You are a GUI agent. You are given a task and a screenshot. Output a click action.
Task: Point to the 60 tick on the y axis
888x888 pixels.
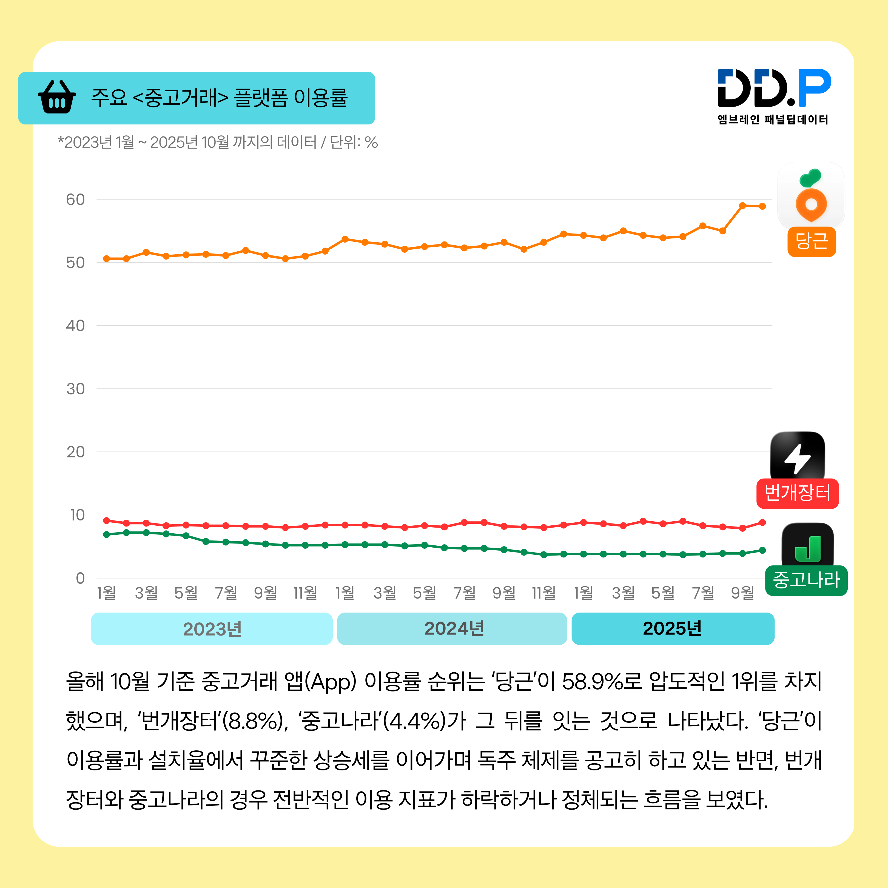point(75,200)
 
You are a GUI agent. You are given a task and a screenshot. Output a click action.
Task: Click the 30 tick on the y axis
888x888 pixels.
point(75,389)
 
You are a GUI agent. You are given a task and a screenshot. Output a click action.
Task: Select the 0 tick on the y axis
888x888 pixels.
point(80,578)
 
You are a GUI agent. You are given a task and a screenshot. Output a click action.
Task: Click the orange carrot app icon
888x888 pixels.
point(811,195)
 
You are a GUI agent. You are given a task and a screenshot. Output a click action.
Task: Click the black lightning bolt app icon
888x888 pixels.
point(798,456)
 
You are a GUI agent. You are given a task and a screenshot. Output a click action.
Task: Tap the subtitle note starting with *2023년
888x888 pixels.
point(217,143)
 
